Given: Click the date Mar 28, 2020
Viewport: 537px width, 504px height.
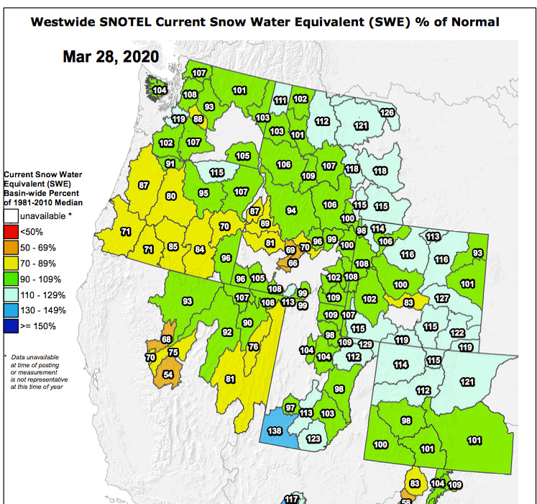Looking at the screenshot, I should point(111,56).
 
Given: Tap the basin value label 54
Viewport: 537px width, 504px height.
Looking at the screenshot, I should point(168,374).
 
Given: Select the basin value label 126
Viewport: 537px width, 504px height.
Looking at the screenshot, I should point(387,113).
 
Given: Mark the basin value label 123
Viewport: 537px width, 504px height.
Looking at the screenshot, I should point(313,438).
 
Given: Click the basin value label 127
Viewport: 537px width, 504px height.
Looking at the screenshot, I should point(442,299).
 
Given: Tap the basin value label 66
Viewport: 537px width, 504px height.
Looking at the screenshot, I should point(293,263).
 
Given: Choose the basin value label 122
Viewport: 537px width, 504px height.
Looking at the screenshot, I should point(456,333).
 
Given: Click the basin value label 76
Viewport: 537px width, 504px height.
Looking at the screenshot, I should point(253,346).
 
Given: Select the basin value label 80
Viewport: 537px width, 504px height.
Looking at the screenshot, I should point(170,196).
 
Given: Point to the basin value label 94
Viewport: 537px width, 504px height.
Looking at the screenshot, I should point(291,210).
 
